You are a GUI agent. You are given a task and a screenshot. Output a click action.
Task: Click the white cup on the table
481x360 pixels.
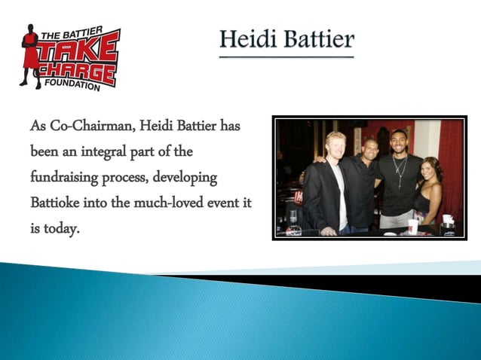click(x=413, y=225)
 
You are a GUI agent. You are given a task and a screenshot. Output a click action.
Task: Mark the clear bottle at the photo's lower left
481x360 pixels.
click(x=293, y=219)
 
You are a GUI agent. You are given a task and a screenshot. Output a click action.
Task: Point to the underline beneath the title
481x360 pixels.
click(x=286, y=56)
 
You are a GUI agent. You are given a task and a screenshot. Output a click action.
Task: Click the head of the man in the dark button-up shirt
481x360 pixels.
click(x=368, y=148)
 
